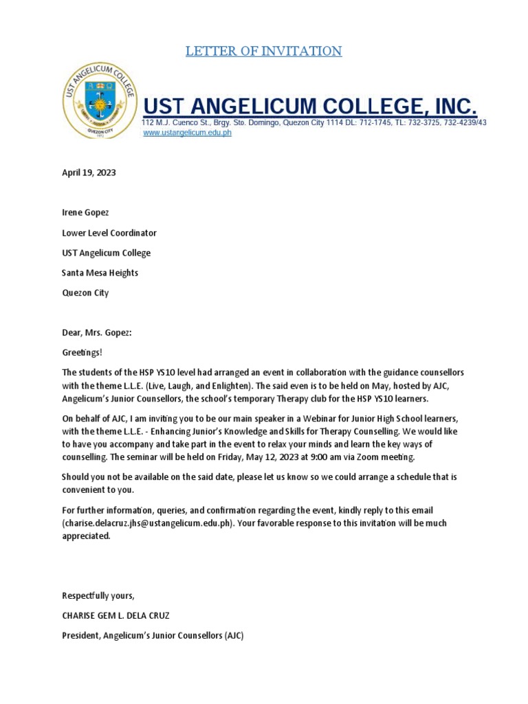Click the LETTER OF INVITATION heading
263,51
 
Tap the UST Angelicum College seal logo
99,100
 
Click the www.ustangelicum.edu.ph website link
187,133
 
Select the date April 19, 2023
89,173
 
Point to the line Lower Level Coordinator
109,232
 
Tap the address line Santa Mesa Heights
100,272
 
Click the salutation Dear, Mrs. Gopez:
96,333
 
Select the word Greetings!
82,353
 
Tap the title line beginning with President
153,636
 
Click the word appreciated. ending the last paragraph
86,536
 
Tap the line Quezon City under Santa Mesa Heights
85,292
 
